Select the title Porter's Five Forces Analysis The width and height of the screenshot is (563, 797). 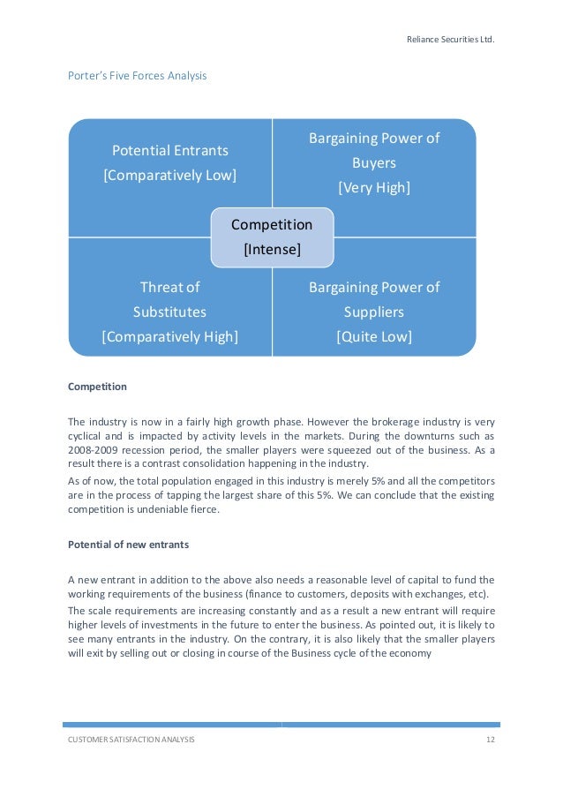pyautogui.click(x=138, y=76)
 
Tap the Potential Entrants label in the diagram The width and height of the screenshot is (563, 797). pyautogui.click(x=169, y=150)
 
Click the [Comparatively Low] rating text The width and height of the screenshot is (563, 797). pyautogui.click(x=169, y=175)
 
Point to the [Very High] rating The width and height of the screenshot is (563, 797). pyautogui.click(x=374, y=188)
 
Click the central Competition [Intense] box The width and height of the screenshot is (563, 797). pyautogui.click(x=272, y=237)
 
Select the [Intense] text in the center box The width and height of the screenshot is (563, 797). pyautogui.click(x=272, y=249)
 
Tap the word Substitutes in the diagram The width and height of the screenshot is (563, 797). pyautogui.click(x=169, y=312)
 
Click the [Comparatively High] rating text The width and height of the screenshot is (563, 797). pyautogui.click(x=169, y=336)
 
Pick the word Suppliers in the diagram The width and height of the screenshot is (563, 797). pyautogui.click(x=374, y=312)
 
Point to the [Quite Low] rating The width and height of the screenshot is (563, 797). pyautogui.click(x=374, y=336)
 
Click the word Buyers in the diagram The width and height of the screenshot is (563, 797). pyautogui.click(x=374, y=163)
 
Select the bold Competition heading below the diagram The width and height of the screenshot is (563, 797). pyautogui.click(x=97, y=387)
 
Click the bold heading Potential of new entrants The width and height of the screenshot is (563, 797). pyautogui.click(x=128, y=545)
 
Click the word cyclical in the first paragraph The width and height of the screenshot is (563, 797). pyautogui.click(x=90, y=436)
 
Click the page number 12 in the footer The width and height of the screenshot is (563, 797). pyautogui.click(x=490, y=740)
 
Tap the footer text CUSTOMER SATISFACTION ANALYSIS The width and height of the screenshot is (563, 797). pyautogui.click(x=131, y=740)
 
